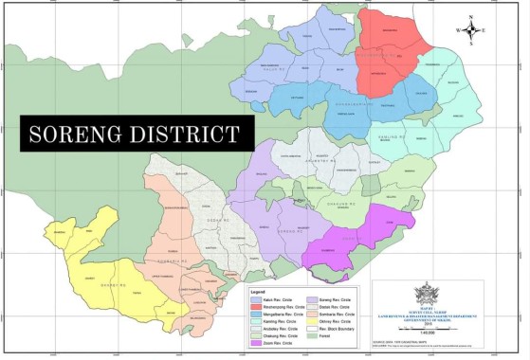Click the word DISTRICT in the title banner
(189, 135)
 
